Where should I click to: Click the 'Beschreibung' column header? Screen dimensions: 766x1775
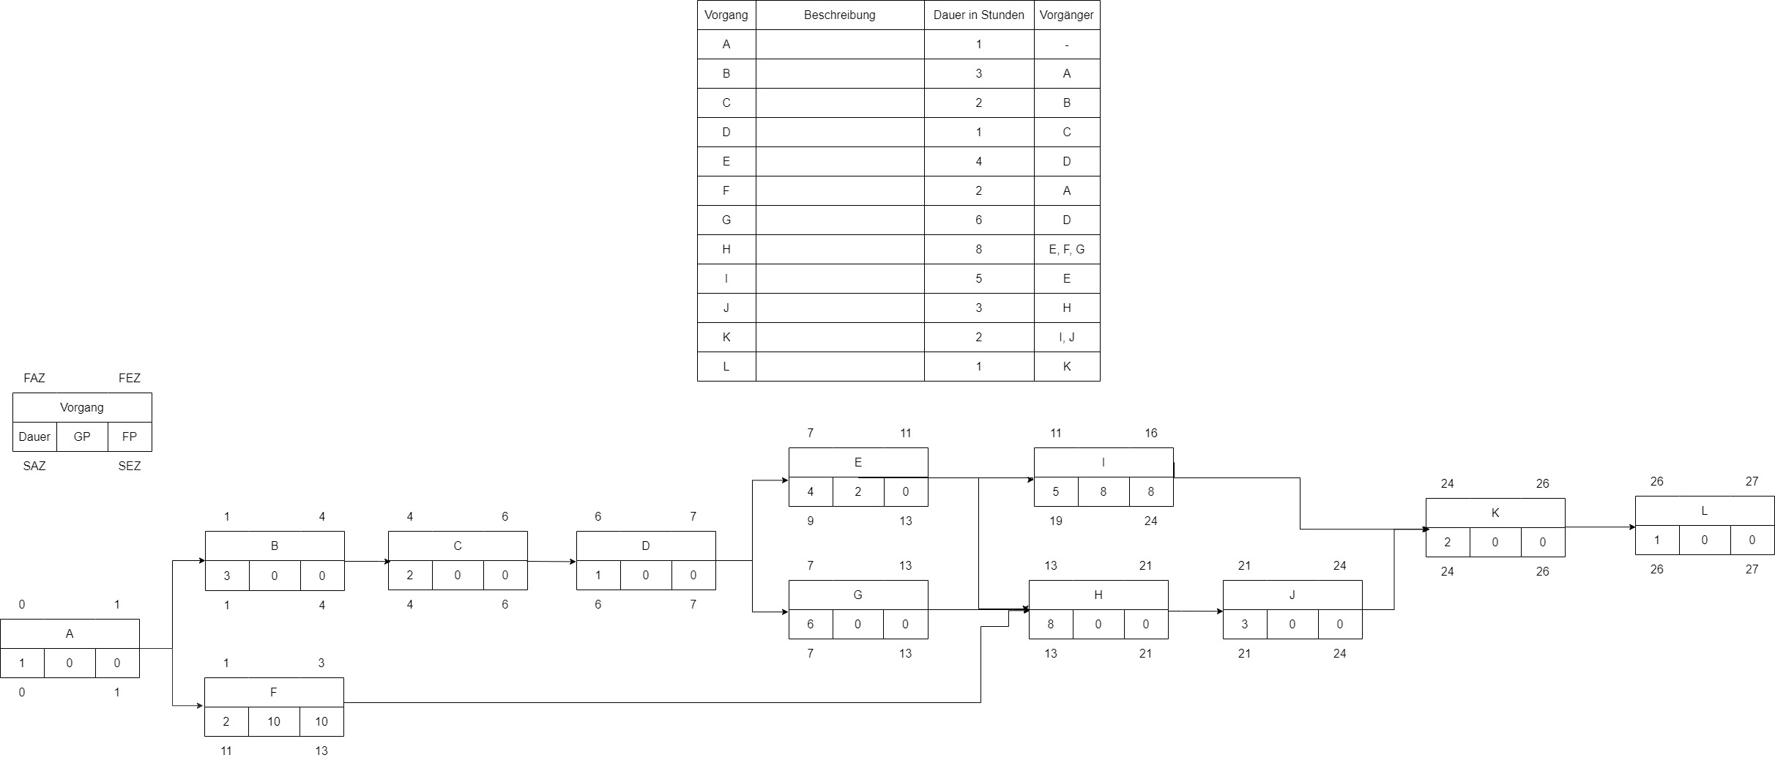point(839,15)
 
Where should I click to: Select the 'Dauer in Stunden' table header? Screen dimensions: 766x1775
point(978,15)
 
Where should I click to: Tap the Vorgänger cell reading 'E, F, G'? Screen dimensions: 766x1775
point(1066,249)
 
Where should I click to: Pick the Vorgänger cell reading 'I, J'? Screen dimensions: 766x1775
point(1066,337)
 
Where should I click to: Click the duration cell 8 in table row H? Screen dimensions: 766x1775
point(978,249)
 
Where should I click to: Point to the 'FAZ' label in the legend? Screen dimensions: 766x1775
point(34,378)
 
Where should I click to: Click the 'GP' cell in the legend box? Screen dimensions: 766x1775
point(82,436)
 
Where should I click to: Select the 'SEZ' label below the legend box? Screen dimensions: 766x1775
point(130,466)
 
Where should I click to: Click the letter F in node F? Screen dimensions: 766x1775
point(273,692)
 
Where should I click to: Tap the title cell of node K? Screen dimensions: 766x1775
point(1495,513)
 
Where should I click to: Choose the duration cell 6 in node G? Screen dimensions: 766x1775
point(810,624)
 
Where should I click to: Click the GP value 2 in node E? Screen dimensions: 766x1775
point(857,491)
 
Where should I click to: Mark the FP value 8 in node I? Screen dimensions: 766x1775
point(1150,491)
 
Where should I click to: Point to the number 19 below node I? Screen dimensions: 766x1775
point(1055,521)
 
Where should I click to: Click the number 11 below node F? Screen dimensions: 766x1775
point(226,751)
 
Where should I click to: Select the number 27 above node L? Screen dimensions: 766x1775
point(1752,481)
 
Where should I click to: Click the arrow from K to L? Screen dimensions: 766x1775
point(1599,527)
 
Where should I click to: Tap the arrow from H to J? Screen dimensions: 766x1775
point(1195,610)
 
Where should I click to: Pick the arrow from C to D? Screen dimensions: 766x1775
point(551,562)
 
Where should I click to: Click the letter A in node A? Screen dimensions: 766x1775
point(70,633)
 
